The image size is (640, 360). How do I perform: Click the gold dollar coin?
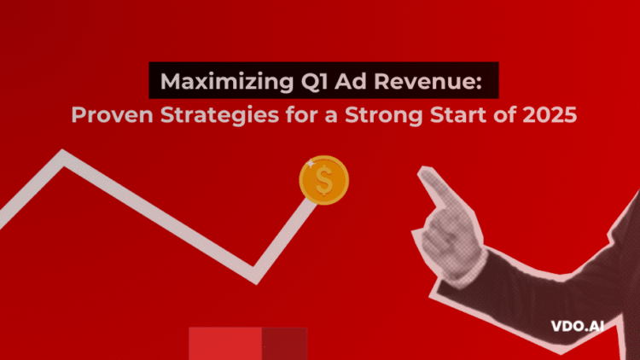[323, 180]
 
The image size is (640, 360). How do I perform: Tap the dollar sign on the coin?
[323, 181]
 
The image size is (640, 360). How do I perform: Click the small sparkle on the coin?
[311, 162]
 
